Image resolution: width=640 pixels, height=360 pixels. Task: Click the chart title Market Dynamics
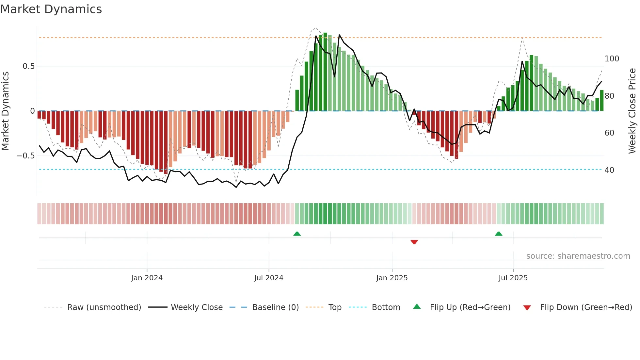click(x=51, y=9)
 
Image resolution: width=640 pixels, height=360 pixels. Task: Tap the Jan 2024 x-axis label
click(x=147, y=278)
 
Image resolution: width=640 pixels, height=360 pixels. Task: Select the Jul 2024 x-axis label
click(x=269, y=278)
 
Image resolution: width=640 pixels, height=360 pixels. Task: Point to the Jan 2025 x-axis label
click(x=392, y=278)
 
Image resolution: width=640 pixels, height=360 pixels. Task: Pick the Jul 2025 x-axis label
click(x=513, y=278)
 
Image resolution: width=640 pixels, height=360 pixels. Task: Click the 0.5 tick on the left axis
click(x=29, y=66)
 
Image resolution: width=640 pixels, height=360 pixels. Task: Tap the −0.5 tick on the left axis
click(x=26, y=156)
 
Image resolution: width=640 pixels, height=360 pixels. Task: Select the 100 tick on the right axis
click(x=612, y=59)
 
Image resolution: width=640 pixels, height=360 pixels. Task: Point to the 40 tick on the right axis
click(x=609, y=170)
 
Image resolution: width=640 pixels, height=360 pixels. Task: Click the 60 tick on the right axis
click(x=609, y=133)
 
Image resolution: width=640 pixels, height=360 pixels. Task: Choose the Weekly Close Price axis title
click(x=632, y=111)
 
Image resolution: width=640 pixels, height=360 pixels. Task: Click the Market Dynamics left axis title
click(x=6, y=111)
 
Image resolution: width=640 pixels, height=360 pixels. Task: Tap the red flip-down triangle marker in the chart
click(x=414, y=242)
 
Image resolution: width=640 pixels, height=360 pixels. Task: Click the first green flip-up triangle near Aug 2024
click(x=297, y=234)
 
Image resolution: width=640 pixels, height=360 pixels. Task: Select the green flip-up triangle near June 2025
click(x=498, y=234)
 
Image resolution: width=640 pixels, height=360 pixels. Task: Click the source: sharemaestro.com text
click(x=578, y=256)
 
